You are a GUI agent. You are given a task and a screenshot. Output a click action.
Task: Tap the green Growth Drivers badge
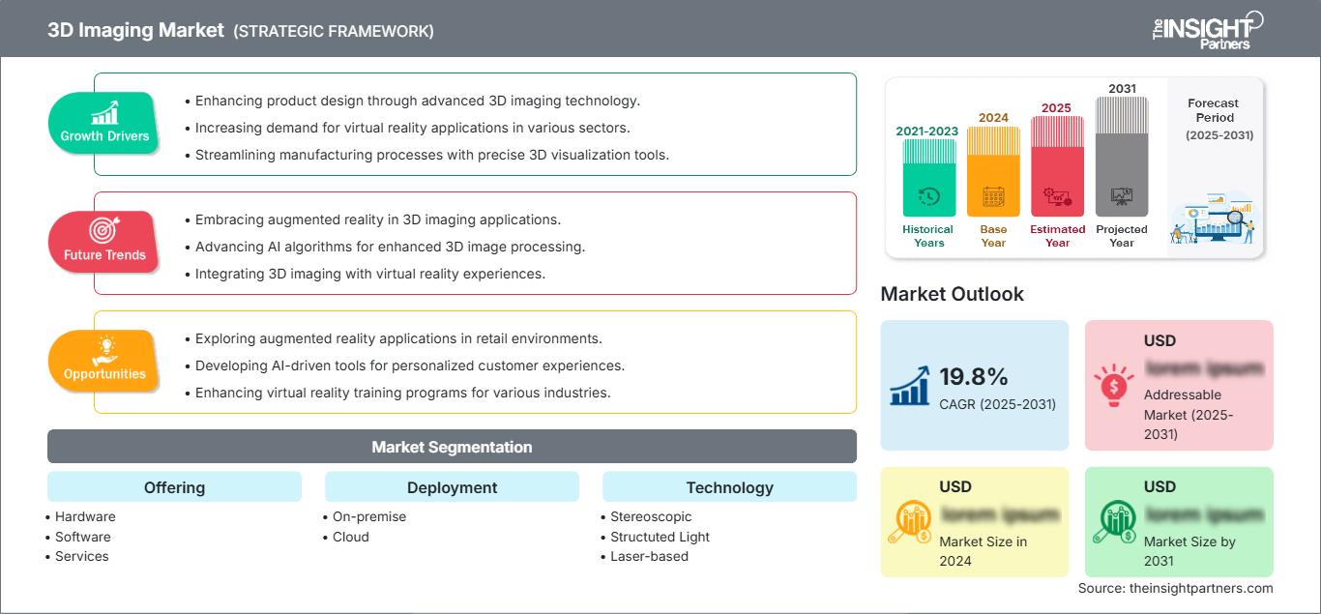[104, 123]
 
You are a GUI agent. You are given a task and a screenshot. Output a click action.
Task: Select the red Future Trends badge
[104, 242]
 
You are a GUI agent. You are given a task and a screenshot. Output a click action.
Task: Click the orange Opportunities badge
[104, 361]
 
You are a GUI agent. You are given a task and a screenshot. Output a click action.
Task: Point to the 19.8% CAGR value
[975, 376]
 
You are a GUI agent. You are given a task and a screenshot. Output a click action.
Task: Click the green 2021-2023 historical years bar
[928, 178]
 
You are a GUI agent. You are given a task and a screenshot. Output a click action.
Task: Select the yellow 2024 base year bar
[993, 172]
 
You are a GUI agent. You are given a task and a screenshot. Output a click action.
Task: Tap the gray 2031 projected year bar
[1122, 157]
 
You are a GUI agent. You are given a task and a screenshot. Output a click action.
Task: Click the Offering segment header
[174, 487]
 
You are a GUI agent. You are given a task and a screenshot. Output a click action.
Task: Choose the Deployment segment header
[452, 487]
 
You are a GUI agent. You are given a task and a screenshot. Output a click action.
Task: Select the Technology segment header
[729, 487]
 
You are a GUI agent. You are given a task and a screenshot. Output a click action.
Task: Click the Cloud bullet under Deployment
[350, 537]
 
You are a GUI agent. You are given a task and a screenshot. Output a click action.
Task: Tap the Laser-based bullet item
[649, 556]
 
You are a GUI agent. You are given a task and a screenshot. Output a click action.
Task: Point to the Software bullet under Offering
[82, 537]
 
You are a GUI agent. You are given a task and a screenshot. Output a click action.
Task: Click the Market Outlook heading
[952, 294]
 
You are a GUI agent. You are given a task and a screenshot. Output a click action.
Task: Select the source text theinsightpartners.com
[1175, 588]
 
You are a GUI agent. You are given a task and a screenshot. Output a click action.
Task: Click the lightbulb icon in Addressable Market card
[1113, 385]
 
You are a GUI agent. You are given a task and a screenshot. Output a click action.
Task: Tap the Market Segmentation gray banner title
[452, 447]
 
